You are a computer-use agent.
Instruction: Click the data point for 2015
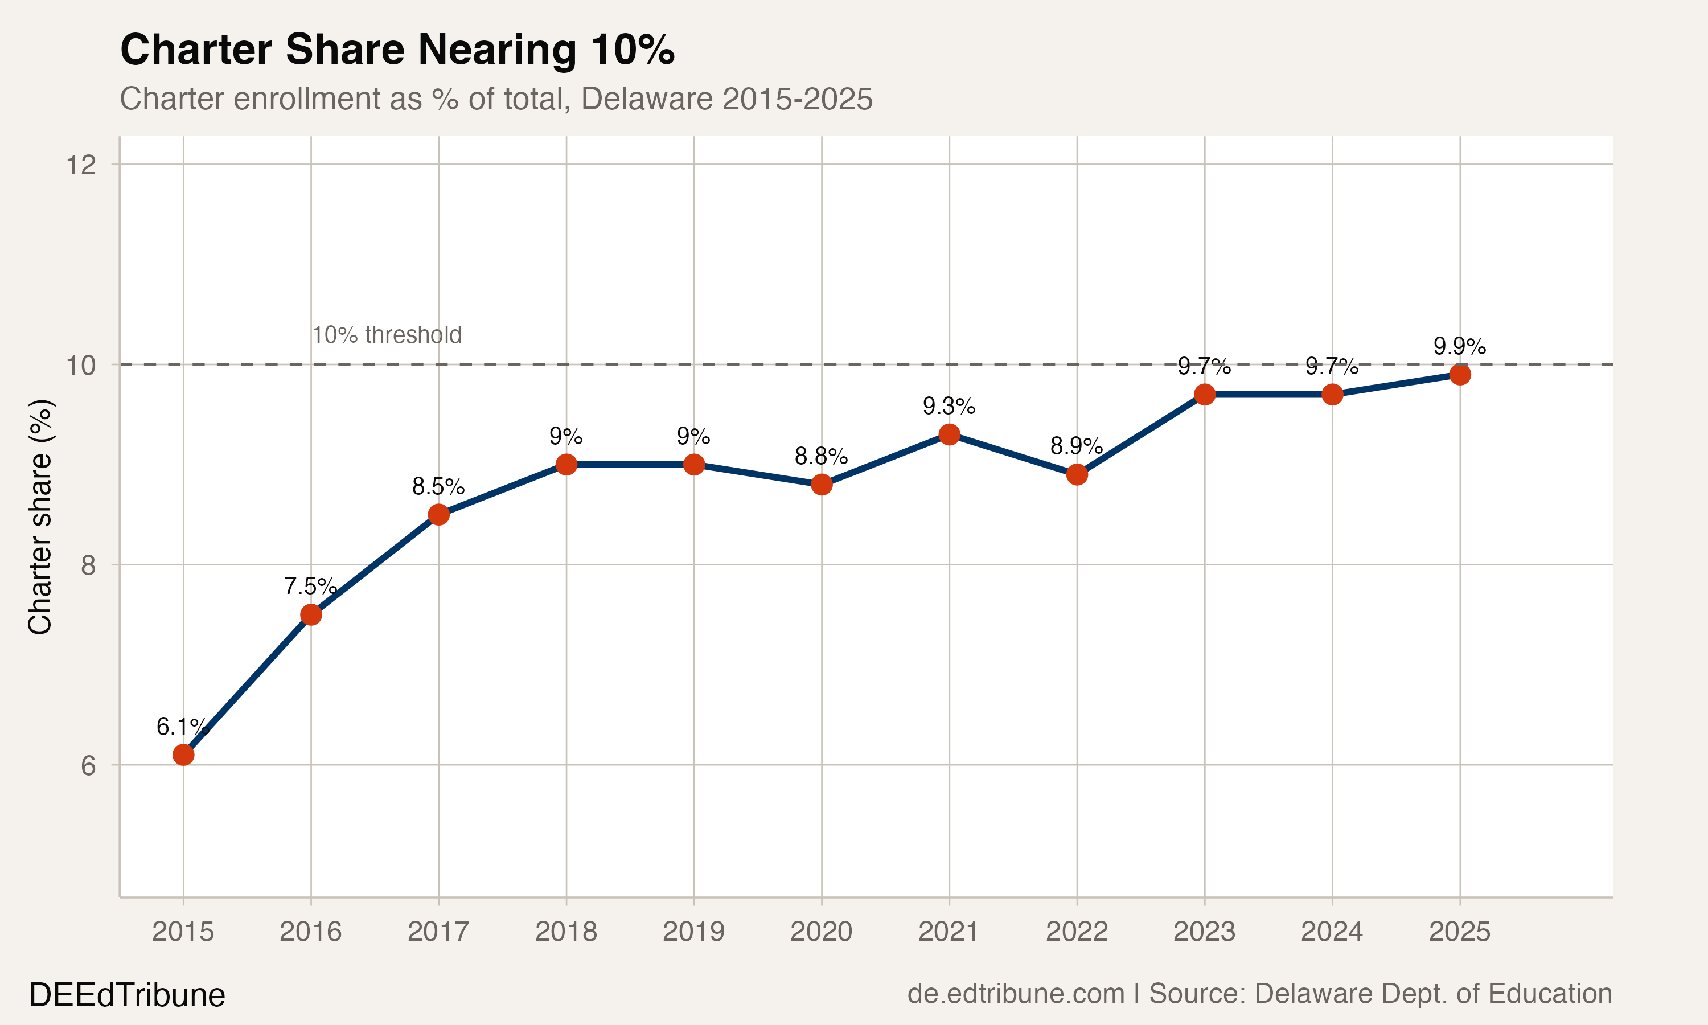coord(183,755)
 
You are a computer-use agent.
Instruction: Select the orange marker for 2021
coord(949,434)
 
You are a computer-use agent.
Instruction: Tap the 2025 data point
coord(1459,374)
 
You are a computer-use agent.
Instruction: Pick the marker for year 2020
coord(822,484)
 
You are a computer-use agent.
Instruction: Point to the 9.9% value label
coord(1459,346)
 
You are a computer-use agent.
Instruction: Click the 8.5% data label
coord(438,487)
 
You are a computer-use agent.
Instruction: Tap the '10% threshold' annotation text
coord(387,335)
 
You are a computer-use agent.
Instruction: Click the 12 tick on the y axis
coord(81,165)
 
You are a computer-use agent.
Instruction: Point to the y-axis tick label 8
coord(88,565)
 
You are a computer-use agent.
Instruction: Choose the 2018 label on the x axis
coord(566,932)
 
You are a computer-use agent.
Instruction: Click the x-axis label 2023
coord(1204,932)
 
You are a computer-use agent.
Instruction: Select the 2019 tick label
coord(694,932)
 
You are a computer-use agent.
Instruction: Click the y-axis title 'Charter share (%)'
coord(40,516)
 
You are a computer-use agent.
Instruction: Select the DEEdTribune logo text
coord(127,995)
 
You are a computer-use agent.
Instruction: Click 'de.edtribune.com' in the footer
coord(1016,993)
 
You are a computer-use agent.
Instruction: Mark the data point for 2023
coord(1204,395)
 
